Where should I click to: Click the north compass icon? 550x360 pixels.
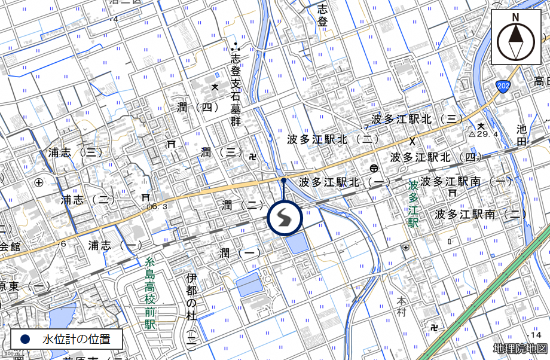point(515,37)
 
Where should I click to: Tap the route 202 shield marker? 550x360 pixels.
point(503,87)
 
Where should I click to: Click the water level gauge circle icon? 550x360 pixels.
point(285,218)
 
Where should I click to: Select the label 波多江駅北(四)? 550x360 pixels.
point(436,157)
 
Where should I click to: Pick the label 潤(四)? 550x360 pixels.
point(195,108)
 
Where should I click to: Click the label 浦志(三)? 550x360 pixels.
point(75,153)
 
